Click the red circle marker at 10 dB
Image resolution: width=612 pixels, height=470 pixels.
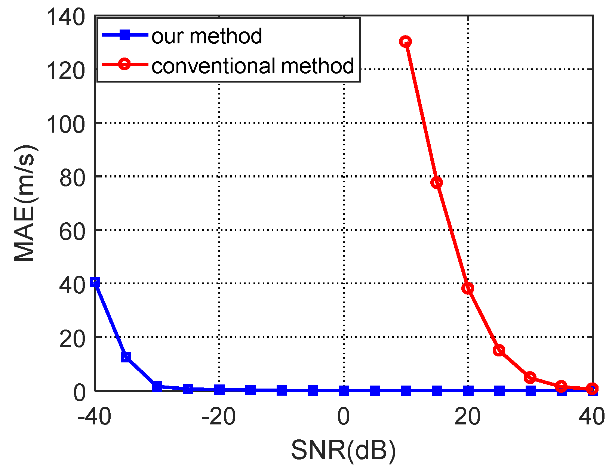pos(406,41)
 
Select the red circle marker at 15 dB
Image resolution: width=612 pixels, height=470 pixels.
pos(437,183)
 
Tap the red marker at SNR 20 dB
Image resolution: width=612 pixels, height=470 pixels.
pos(468,288)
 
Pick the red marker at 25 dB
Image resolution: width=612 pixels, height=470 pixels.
pos(499,350)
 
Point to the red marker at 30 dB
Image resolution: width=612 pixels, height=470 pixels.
pos(530,378)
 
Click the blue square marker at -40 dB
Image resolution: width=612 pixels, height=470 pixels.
pos(95,282)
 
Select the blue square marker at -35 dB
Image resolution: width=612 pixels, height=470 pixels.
pos(126,357)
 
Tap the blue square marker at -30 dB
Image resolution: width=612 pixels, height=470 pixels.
pos(157,386)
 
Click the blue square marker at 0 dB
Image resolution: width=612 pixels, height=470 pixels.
pos(344,391)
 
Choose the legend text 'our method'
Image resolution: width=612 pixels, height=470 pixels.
pos(207,36)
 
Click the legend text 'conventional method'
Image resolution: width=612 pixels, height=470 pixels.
pos(253,66)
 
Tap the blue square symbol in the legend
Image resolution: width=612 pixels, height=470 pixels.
pos(125,35)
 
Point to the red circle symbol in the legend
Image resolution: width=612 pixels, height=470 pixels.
pos(125,65)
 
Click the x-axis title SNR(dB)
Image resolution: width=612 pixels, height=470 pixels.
pos(343,450)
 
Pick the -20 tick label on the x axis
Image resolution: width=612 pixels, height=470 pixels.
pos(219,417)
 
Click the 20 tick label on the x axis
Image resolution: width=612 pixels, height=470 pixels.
pos(468,417)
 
